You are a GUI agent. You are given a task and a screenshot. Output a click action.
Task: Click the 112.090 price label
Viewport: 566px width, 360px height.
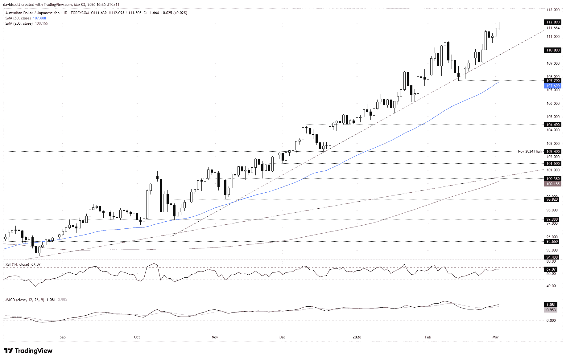click(553, 22)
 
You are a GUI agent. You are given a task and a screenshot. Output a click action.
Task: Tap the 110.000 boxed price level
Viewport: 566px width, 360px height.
click(553, 50)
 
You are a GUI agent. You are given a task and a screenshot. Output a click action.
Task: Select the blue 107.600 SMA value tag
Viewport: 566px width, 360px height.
click(553, 86)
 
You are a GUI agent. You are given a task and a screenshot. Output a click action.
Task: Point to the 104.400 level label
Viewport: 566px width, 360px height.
click(553, 125)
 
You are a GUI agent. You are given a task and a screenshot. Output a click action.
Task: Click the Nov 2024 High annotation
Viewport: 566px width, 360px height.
click(530, 151)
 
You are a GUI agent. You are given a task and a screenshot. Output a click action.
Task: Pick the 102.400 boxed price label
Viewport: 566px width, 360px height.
click(553, 152)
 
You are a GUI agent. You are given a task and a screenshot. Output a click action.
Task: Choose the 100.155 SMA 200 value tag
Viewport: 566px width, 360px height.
click(553, 184)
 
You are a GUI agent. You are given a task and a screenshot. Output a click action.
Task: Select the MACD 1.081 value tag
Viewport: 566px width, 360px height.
click(551, 305)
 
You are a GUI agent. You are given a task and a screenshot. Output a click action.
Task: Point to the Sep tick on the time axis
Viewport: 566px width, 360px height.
click(63, 337)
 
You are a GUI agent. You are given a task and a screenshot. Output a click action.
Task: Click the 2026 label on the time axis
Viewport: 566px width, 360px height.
click(357, 337)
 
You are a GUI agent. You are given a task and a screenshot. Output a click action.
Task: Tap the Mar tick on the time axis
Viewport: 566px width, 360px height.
click(495, 337)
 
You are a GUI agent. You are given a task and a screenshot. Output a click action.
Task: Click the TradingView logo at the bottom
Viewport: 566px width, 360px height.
click(28, 351)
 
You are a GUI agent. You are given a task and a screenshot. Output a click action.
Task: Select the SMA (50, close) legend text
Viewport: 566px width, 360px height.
click(18, 18)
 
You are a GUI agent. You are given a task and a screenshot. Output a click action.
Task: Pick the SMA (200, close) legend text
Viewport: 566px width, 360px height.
click(19, 23)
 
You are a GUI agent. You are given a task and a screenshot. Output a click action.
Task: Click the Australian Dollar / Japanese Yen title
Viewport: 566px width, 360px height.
click(32, 13)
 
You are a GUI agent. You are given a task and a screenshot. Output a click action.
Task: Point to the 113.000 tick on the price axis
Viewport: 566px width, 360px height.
click(553, 10)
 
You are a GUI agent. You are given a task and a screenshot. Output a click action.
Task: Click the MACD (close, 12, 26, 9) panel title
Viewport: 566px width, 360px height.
click(25, 300)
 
